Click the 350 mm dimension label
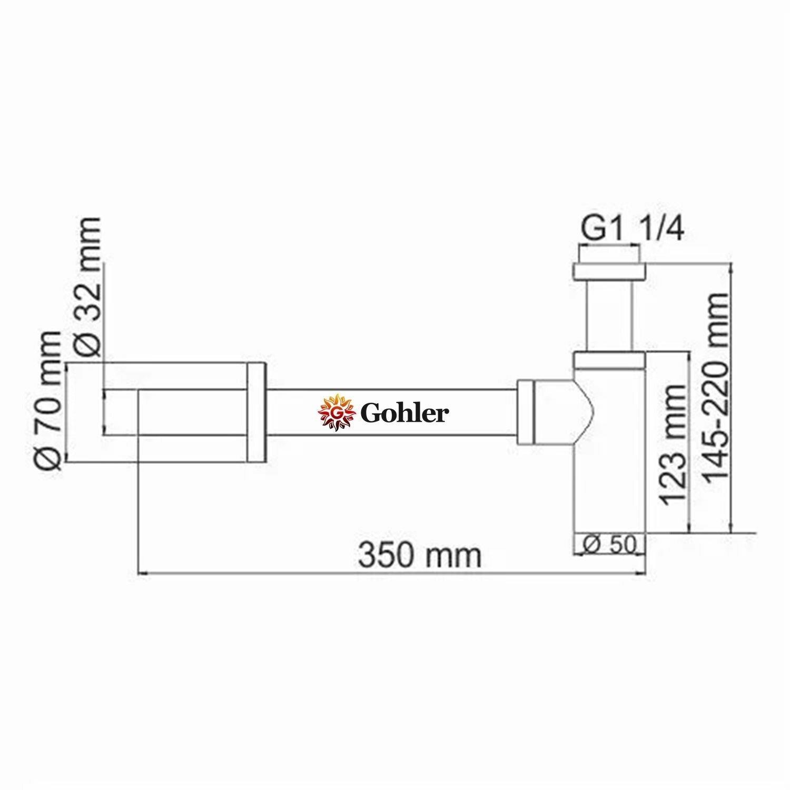coord(420,555)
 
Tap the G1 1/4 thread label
coord(632,230)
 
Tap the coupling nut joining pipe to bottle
coord(526,412)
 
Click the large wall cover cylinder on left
coord(192,412)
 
